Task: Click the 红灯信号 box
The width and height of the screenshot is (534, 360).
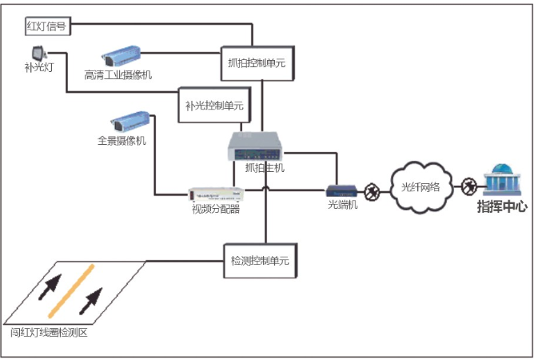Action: point(46,26)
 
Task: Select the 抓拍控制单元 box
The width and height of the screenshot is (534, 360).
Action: point(252,62)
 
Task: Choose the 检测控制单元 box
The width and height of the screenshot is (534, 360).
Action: point(259,261)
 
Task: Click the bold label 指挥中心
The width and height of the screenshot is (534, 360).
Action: point(502,207)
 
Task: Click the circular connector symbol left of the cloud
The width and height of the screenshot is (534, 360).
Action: point(371,190)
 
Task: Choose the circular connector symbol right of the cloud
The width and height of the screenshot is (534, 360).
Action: point(469,187)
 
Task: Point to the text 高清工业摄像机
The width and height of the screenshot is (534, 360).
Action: point(118,74)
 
